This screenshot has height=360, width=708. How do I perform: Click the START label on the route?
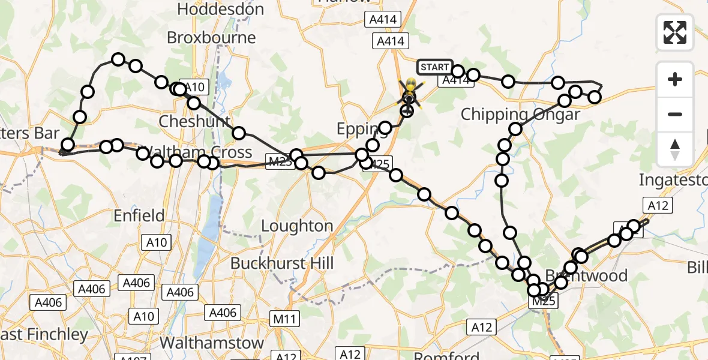pyautogui.click(x=434, y=67)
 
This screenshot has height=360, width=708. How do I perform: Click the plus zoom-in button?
pyautogui.click(x=675, y=79)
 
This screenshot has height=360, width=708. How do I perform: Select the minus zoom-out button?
pyautogui.click(x=675, y=114)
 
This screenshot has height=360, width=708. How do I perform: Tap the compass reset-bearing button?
pyautogui.click(x=675, y=149)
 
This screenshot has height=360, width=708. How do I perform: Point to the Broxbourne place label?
pyautogui.click(x=211, y=38)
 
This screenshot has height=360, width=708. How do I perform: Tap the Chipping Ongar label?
pyautogui.click(x=520, y=115)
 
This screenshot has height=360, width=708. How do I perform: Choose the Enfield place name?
pyautogui.click(x=139, y=215)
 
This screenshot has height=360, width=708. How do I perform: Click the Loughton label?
pyautogui.click(x=297, y=226)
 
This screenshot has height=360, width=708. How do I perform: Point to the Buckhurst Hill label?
pyautogui.click(x=282, y=263)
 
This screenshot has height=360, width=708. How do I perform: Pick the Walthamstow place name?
pyautogui.click(x=212, y=343)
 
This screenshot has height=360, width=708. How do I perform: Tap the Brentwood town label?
pyautogui.click(x=586, y=276)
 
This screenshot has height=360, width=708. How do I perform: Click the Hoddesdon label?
pyautogui.click(x=221, y=10)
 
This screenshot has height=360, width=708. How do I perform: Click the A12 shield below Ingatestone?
pyautogui.click(x=659, y=205)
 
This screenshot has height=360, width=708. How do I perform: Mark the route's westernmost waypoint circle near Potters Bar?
pyautogui.click(x=68, y=145)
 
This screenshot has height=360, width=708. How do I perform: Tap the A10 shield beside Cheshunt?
pyautogui.click(x=193, y=88)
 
